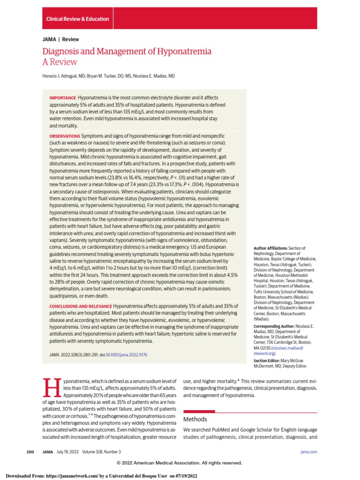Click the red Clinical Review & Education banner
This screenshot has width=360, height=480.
click(x=77, y=19)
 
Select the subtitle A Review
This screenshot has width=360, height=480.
click(x=60, y=62)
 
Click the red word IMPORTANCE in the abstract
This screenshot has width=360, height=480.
click(x=63, y=97)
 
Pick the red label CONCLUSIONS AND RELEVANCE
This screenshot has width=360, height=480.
click(x=80, y=306)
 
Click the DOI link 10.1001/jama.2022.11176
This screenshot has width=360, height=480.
click(x=127, y=355)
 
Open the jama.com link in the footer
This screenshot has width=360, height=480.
click(x=308, y=452)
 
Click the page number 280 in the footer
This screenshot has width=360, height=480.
click(x=30, y=452)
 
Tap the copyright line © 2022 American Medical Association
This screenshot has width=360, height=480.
click(x=180, y=463)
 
